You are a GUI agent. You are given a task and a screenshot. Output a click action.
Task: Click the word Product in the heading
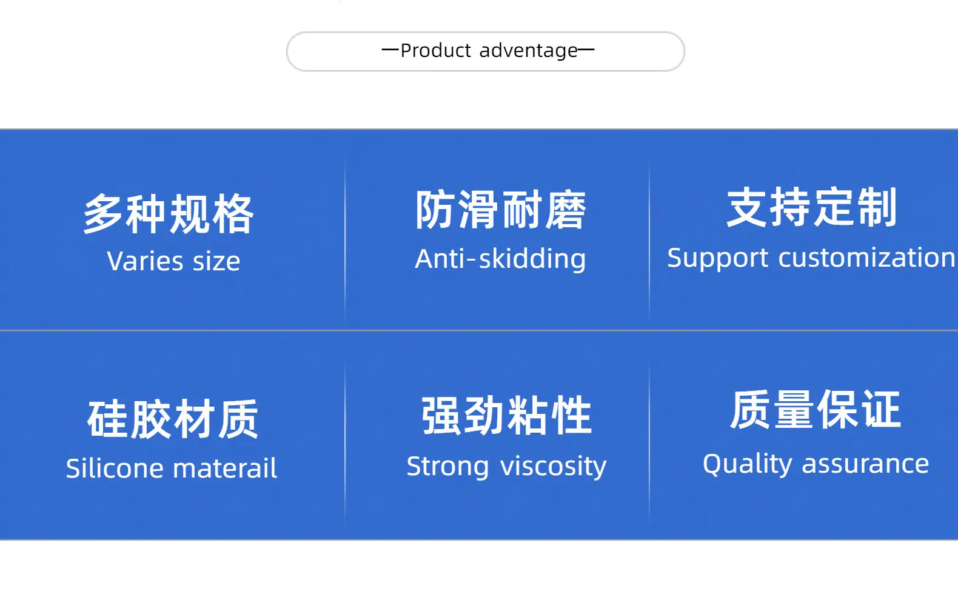436,50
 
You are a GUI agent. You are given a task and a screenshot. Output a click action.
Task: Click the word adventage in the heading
529,52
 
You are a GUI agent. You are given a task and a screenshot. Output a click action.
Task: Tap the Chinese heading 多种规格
169,213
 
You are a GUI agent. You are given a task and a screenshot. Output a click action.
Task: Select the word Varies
145,261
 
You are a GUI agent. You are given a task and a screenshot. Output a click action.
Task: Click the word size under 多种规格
216,261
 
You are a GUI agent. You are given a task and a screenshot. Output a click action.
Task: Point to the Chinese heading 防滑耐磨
500,210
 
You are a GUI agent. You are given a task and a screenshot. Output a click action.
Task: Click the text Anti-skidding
500,259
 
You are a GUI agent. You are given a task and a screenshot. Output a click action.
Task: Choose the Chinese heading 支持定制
812,207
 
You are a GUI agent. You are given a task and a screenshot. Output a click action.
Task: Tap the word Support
718,258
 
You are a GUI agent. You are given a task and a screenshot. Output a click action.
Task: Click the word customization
866,258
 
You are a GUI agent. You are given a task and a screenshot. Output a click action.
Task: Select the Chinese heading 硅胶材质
173,419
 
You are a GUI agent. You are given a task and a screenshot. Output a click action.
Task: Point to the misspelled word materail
225,468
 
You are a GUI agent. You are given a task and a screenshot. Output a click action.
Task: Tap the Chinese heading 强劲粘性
506,415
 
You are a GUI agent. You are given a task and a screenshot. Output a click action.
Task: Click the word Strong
448,466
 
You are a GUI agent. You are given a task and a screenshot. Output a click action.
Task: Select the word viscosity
554,466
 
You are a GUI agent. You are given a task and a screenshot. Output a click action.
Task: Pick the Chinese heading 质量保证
815,410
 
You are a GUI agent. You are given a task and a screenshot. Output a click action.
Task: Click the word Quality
748,464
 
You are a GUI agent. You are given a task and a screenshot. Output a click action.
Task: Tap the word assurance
865,464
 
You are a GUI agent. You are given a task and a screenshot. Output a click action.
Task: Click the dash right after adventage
586,50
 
